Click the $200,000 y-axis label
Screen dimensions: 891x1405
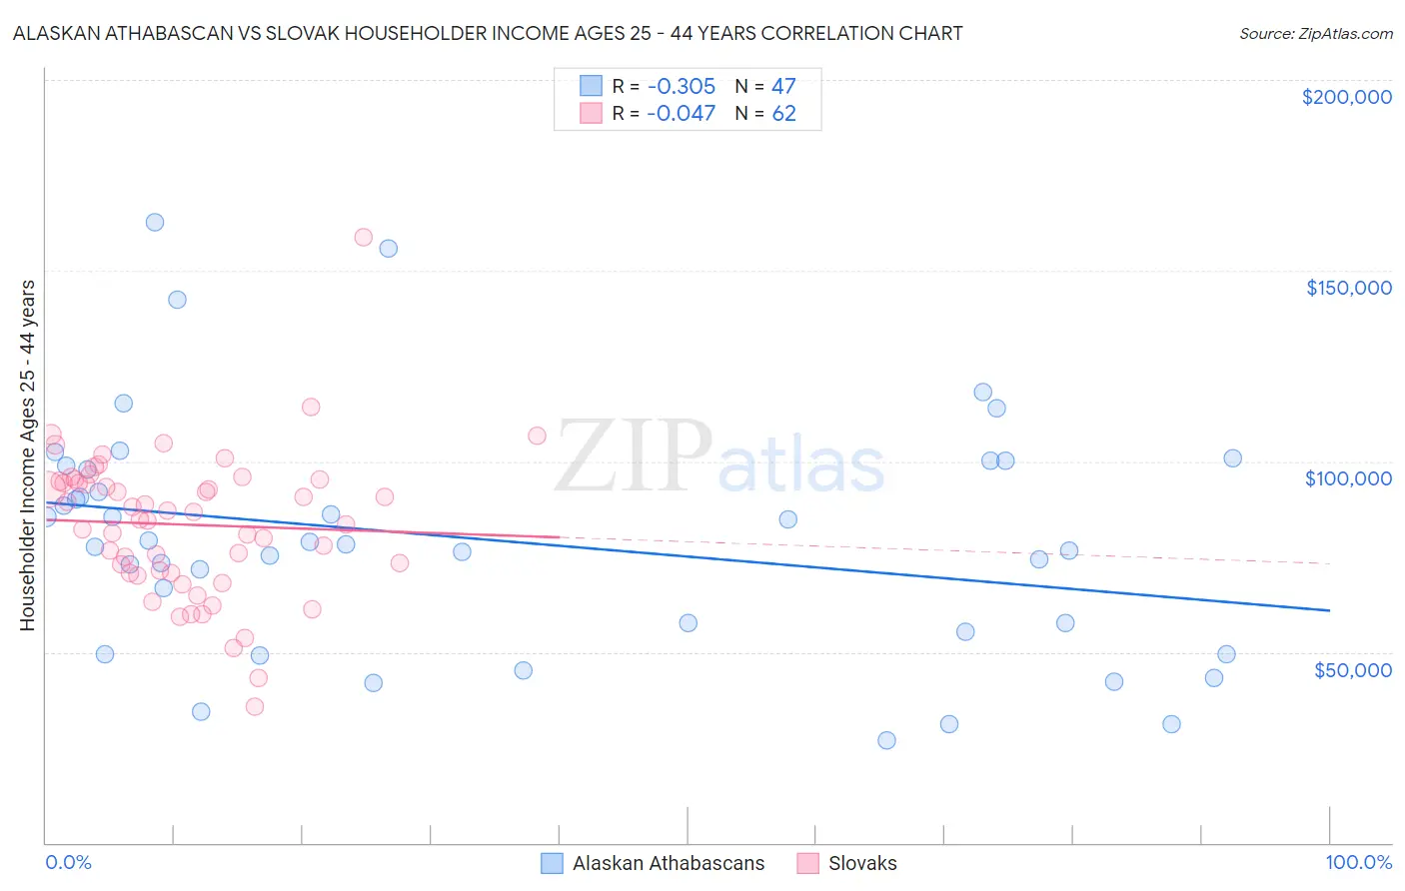tap(1346, 97)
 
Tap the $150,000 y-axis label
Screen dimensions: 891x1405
tap(1348, 288)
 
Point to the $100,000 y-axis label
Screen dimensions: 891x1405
tap(1348, 478)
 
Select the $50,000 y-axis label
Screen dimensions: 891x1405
tap(1352, 670)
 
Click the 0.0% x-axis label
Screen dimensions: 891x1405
tap(68, 863)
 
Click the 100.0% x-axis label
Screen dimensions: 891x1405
tap(1358, 863)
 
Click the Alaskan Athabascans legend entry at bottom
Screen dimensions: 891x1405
tap(668, 864)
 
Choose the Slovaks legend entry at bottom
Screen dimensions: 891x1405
tap(861, 864)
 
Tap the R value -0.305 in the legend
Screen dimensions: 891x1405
tap(681, 86)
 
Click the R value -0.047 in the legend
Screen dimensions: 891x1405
tap(681, 114)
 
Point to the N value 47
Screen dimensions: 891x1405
tap(783, 86)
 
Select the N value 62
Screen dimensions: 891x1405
tap(783, 114)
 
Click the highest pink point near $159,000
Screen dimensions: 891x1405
tap(364, 238)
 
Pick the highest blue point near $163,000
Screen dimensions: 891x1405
tap(155, 223)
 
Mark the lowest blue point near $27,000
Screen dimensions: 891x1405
tap(886, 741)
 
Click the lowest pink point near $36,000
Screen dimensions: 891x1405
tap(255, 707)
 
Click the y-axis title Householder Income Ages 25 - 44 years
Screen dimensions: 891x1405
tap(28, 455)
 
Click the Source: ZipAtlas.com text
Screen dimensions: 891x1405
tap(1315, 34)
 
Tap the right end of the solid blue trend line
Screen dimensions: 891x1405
tap(1329, 610)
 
